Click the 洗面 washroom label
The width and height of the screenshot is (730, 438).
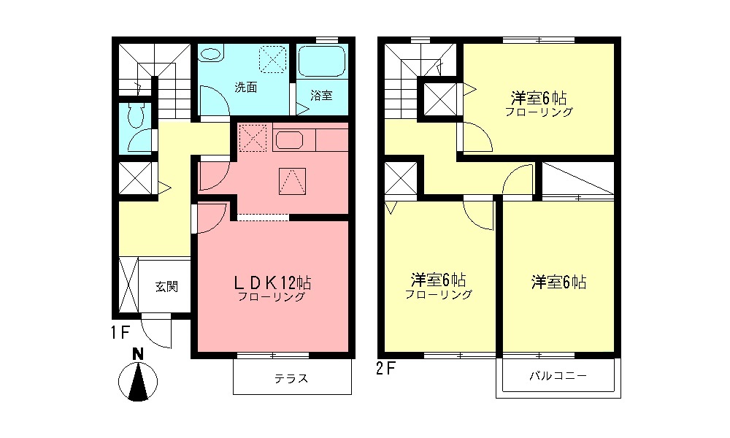point(245,87)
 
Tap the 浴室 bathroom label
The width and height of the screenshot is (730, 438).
point(321,95)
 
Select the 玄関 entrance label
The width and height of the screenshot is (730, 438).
point(166,286)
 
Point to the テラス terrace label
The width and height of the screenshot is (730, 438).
point(291,378)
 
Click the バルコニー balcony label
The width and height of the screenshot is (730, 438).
point(558,377)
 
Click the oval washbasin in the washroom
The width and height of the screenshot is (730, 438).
point(212,54)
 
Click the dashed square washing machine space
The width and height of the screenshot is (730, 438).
point(274,58)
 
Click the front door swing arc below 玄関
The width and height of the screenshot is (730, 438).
point(155,332)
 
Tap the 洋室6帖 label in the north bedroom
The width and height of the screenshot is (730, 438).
point(539,98)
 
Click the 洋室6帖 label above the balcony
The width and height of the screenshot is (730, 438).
point(558,282)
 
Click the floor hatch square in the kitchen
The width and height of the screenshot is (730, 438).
point(291,180)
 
